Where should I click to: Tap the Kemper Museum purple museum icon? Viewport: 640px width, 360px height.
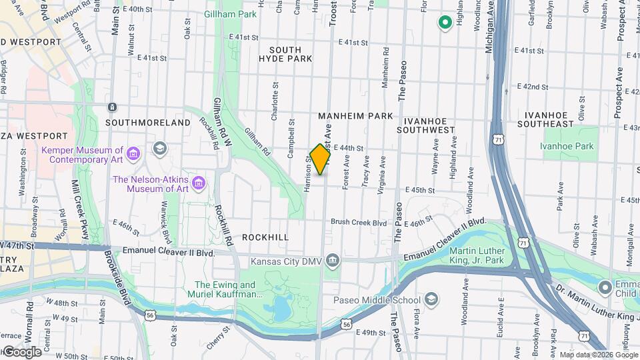click(x=133, y=155)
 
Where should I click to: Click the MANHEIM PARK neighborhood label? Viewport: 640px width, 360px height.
click(x=355, y=116)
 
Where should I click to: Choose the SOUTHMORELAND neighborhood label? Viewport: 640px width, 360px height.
click(x=147, y=123)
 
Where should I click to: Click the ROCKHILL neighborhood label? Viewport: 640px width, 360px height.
click(x=265, y=237)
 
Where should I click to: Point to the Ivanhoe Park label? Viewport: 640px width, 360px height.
click(x=566, y=146)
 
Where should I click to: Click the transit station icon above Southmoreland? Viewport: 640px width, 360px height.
click(x=113, y=107)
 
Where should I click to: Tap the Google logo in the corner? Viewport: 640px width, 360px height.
click(x=22, y=352)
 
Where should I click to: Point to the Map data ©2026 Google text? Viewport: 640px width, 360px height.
click(x=597, y=355)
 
